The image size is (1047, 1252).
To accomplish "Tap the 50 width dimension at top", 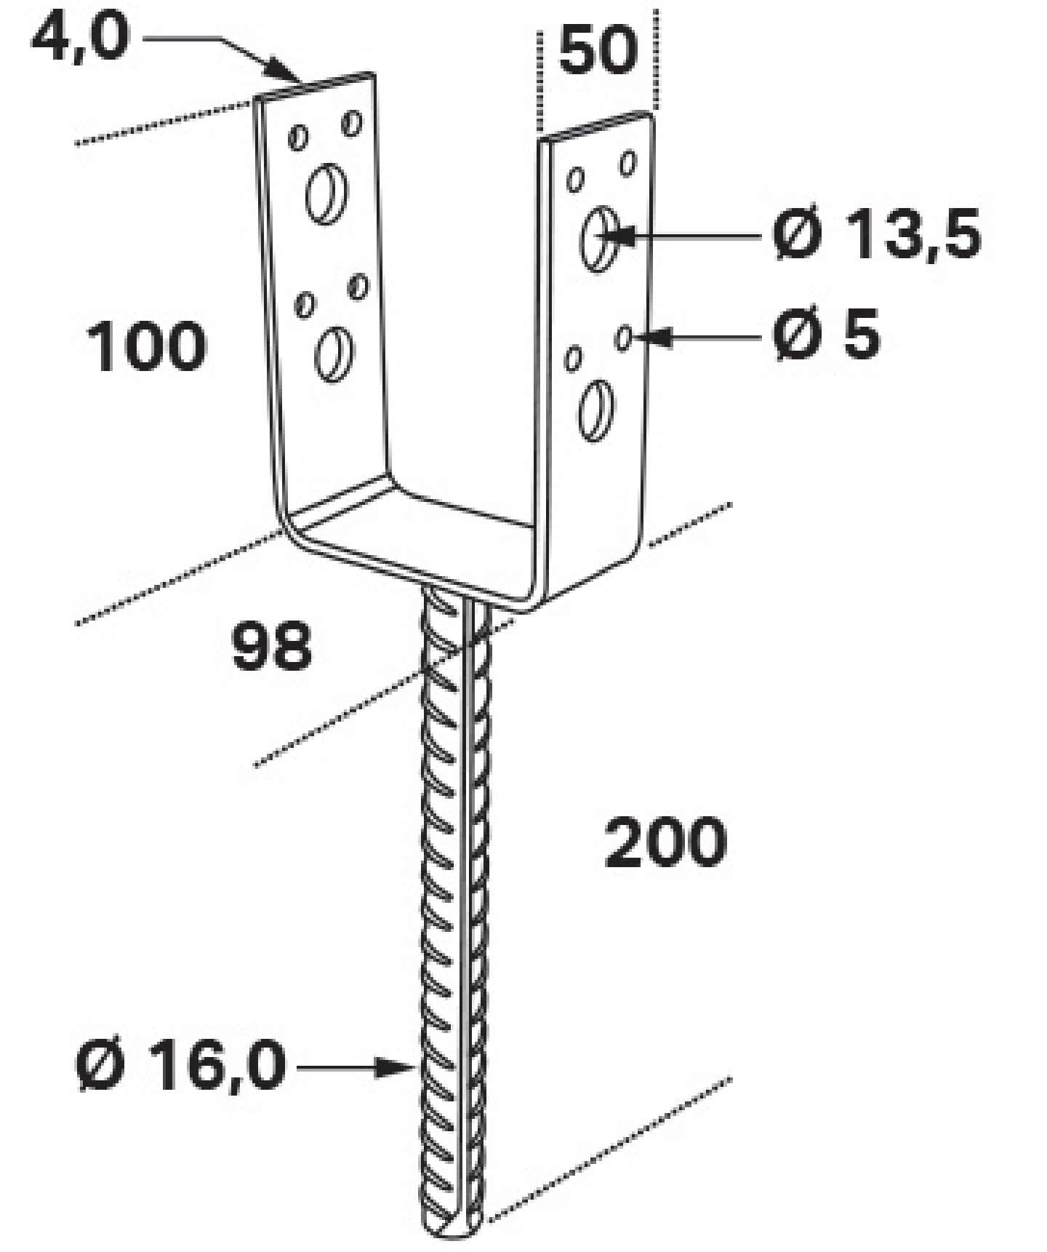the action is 598,51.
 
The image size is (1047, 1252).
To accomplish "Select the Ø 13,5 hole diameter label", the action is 877,234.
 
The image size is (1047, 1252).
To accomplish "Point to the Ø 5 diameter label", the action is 826,334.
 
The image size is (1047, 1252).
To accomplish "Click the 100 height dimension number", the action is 146,346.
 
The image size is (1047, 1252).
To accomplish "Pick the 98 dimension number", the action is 271,645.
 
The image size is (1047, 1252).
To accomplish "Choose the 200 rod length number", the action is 665,842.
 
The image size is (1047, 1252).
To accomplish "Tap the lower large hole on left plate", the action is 334,355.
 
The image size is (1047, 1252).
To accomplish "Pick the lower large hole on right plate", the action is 596,410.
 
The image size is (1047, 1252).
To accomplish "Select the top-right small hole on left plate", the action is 352,123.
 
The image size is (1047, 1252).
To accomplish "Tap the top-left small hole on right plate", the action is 575,180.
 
